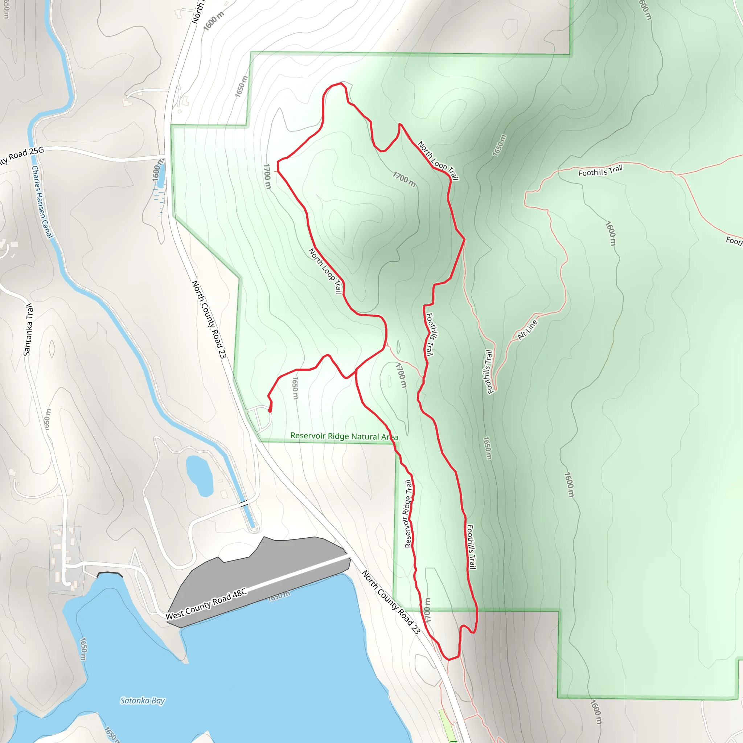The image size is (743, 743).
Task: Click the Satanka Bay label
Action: click(142, 701)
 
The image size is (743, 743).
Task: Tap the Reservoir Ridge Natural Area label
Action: click(344, 436)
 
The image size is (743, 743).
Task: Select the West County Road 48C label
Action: click(206, 604)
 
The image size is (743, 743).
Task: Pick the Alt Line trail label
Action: click(527, 329)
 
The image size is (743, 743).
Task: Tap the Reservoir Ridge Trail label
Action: click(409, 513)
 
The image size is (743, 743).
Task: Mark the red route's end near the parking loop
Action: click(270, 411)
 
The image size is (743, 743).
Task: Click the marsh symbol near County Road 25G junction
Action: click(158, 194)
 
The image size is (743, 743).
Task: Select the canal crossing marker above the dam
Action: click(243, 503)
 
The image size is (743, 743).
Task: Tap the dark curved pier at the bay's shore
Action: click(110, 574)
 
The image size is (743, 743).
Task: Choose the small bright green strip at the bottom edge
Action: click(446, 723)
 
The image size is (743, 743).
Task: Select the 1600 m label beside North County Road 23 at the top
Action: click(213, 21)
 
